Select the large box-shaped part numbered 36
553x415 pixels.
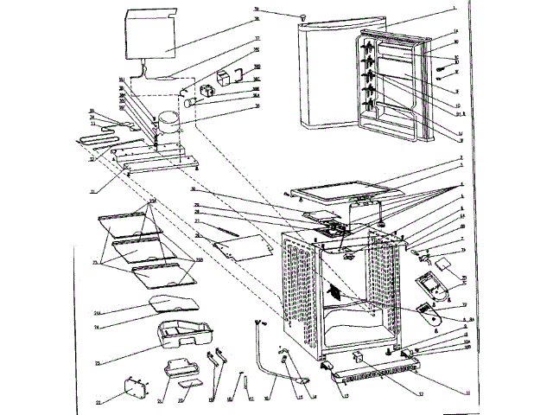point(153,35)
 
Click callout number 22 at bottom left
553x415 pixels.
point(98,402)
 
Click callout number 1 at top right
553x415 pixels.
point(453,9)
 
